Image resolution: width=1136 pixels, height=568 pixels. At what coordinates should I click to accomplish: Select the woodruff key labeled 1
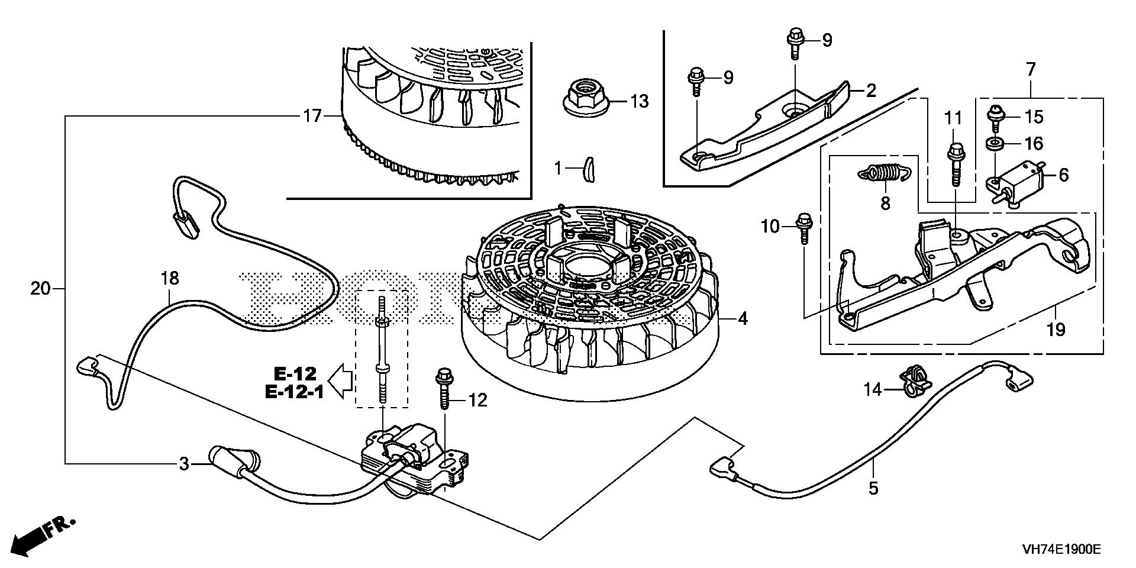click(x=588, y=170)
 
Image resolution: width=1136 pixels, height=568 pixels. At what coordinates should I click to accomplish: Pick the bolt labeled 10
click(x=803, y=227)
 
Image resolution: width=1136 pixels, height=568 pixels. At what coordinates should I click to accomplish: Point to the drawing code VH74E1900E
click(x=1061, y=550)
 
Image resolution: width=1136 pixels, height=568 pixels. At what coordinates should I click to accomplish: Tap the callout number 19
click(x=1056, y=329)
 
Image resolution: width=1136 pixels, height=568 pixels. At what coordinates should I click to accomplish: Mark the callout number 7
click(x=1031, y=70)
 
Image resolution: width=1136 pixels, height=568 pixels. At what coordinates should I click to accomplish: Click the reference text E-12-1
click(x=294, y=392)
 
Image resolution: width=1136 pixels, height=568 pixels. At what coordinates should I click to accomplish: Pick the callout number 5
click(x=873, y=488)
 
